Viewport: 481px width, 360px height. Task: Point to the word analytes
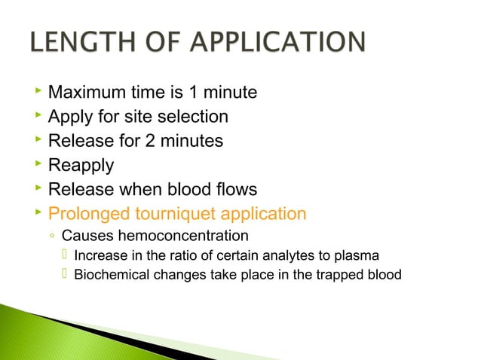click(271, 255)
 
